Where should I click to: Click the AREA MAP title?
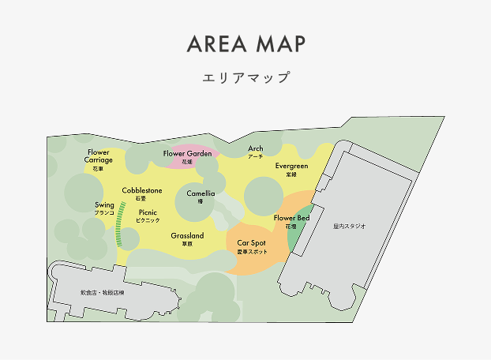pos(245,44)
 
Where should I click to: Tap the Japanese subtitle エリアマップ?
pos(245,78)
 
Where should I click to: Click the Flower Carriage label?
pos(99,156)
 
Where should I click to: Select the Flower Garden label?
pos(188,153)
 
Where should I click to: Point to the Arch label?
pos(256,149)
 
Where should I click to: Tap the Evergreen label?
pos(291,167)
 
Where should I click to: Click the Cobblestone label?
pos(142,191)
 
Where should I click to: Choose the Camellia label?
pos(201,193)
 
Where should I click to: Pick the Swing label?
pos(104,205)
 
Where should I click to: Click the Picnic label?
pos(148,212)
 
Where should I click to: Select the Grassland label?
pos(187,236)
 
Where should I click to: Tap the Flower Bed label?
pos(291,218)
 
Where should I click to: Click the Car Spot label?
pos(252,243)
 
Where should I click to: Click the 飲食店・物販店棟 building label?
pos(107,292)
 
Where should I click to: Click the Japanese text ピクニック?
pos(148,220)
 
